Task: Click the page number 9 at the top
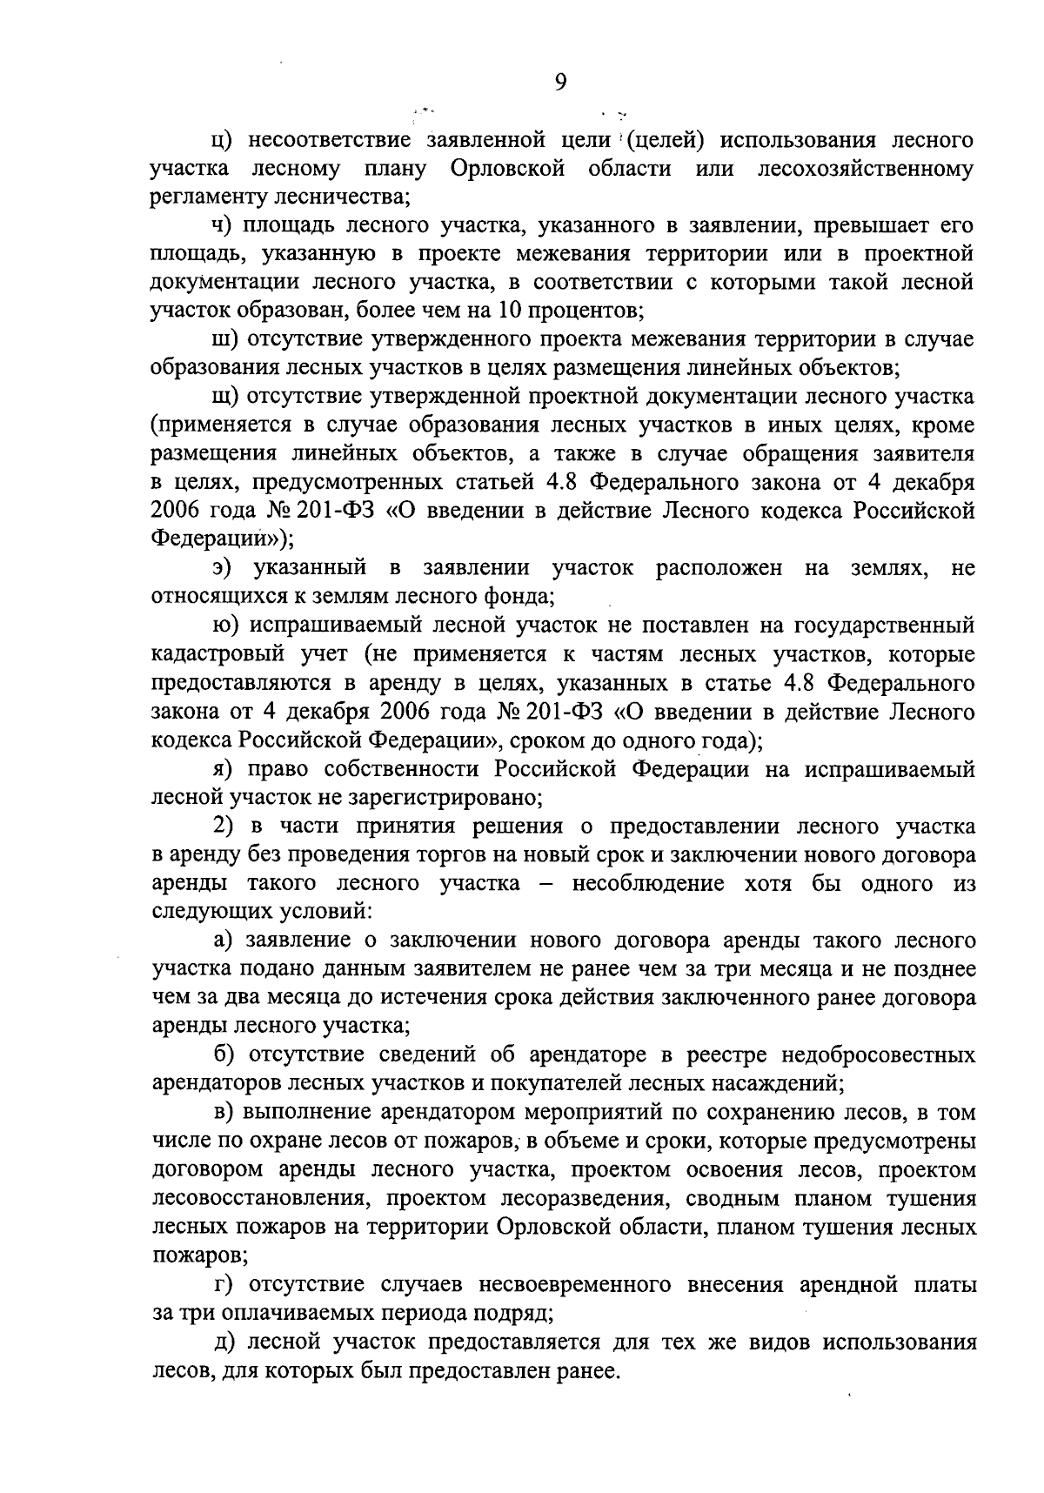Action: (x=560, y=82)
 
